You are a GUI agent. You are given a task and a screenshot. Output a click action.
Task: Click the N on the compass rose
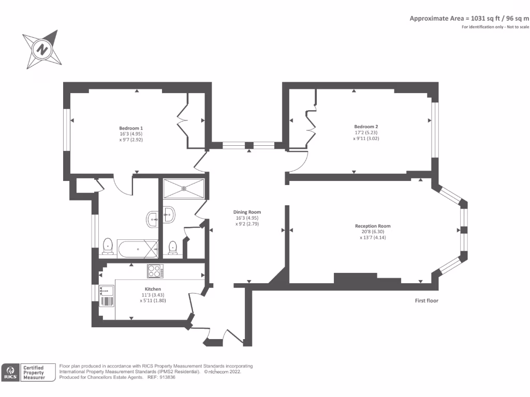(41, 49)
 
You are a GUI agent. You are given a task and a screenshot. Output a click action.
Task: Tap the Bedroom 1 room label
(131, 128)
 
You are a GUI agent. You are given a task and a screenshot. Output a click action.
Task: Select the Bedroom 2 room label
(366, 127)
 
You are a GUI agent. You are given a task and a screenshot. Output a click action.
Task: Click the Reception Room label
(373, 226)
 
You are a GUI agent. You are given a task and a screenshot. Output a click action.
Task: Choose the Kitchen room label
(153, 289)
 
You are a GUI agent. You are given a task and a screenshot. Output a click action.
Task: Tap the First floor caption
(426, 300)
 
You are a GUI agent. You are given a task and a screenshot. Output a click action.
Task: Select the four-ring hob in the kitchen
(155, 270)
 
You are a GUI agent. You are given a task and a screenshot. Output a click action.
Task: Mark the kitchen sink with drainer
(107, 297)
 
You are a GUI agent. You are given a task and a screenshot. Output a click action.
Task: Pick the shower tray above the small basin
(184, 188)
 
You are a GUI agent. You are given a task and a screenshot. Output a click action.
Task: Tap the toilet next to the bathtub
(108, 247)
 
